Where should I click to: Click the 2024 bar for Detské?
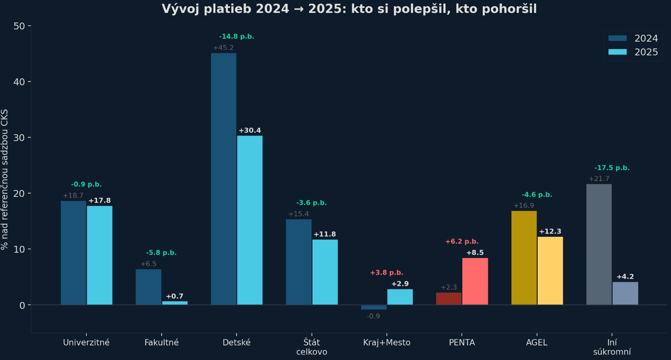tap(224, 179)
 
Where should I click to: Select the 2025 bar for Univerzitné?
tap(99, 255)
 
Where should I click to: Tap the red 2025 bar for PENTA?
tap(475, 281)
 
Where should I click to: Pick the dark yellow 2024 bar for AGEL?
tap(524, 258)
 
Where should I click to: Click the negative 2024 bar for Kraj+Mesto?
tap(374, 307)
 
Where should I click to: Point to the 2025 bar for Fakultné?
tap(175, 303)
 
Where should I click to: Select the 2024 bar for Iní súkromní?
tap(599, 244)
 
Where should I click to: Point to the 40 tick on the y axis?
tap(19, 82)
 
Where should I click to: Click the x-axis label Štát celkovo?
tap(312, 347)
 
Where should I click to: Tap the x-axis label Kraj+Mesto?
tap(387, 342)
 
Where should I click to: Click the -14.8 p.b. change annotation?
tap(237, 36)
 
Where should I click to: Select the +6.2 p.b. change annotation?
tap(462, 241)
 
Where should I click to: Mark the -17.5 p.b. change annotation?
tap(612, 168)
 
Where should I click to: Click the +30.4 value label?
tap(250, 130)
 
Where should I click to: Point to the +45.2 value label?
tap(224, 48)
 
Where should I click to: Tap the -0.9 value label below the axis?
tap(373, 316)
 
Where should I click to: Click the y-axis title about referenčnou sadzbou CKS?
tap(5, 179)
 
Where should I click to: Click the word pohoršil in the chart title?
tap(509, 9)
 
